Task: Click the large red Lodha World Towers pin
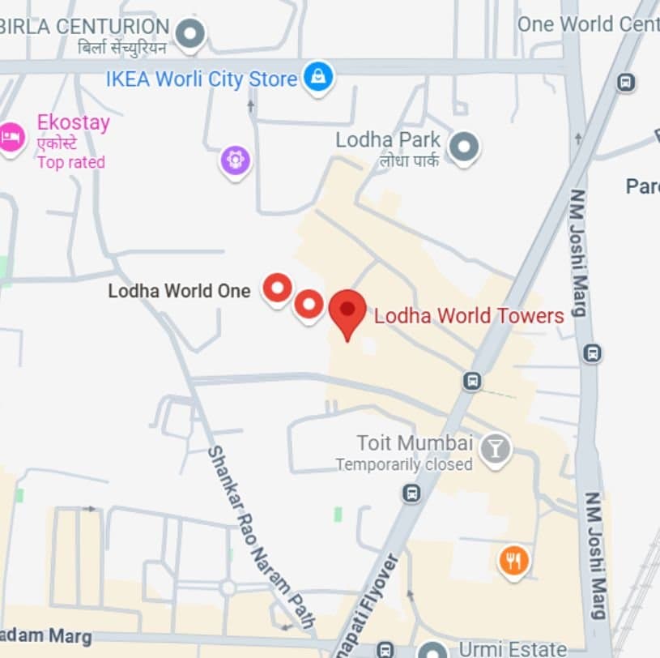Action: click(347, 312)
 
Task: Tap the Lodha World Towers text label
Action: click(468, 315)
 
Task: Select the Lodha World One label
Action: click(179, 291)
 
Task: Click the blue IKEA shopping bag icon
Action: click(318, 78)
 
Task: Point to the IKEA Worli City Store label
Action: click(202, 79)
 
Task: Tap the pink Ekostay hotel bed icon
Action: click(11, 136)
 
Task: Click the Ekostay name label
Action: click(73, 124)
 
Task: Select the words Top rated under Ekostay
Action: click(70, 162)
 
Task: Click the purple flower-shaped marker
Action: click(236, 160)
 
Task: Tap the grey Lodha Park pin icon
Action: click(464, 147)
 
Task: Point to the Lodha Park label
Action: click(388, 140)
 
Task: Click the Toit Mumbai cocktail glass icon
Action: click(495, 447)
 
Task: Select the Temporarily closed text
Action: click(403, 464)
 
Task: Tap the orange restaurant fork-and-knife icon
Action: click(513, 560)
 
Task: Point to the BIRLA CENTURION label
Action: click(84, 27)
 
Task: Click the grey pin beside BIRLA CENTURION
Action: click(191, 33)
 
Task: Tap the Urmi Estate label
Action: click(513, 648)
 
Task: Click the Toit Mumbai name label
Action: click(415, 443)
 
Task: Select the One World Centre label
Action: click(588, 24)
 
